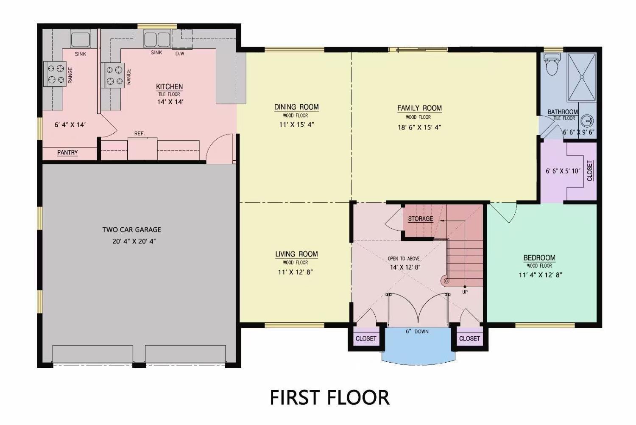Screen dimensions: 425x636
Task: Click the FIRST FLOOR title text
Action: pyautogui.click(x=329, y=397)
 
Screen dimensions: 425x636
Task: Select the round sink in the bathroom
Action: pyautogui.click(x=587, y=121)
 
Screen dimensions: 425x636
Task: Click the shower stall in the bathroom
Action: pyautogui.click(x=582, y=77)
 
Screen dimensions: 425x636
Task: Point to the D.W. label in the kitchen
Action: pyautogui.click(x=181, y=53)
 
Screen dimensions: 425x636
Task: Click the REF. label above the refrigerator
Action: pyautogui.click(x=139, y=134)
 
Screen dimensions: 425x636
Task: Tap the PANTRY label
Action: pyautogui.click(x=67, y=152)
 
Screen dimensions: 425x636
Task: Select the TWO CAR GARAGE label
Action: pyautogui.click(x=131, y=229)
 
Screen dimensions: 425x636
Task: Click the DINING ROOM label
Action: pyautogui.click(x=296, y=107)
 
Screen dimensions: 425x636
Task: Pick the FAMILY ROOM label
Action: pyautogui.click(x=419, y=108)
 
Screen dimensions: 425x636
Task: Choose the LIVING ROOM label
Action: pyautogui.click(x=296, y=254)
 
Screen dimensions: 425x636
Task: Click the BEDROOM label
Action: pyautogui.click(x=539, y=257)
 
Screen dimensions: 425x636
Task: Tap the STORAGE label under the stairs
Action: pyautogui.click(x=420, y=219)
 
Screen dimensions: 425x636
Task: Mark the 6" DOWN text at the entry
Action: pyautogui.click(x=417, y=331)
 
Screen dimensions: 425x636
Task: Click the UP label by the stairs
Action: pyautogui.click(x=465, y=292)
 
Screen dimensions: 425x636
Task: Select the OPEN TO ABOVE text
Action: pyautogui.click(x=404, y=258)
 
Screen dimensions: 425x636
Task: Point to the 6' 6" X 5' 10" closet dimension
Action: pyautogui.click(x=563, y=171)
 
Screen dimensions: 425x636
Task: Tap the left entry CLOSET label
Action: pyautogui.click(x=366, y=338)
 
